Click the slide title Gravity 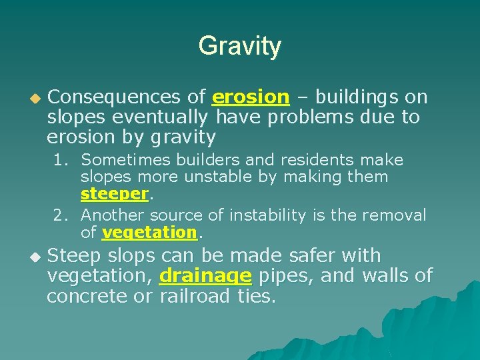click(x=239, y=46)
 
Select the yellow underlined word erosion click(x=250, y=97)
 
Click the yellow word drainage click(x=205, y=275)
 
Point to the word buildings click(x=357, y=97)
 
